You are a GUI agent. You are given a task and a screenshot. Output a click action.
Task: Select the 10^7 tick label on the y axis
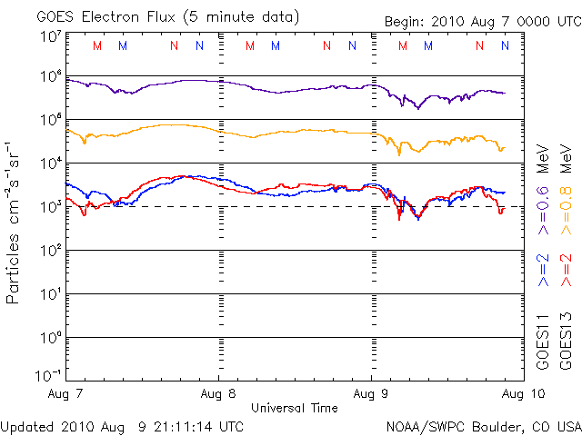[49, 36]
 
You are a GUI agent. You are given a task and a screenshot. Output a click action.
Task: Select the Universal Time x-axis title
[295, 409]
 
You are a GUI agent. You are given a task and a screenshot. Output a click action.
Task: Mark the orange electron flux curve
[164, 125]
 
